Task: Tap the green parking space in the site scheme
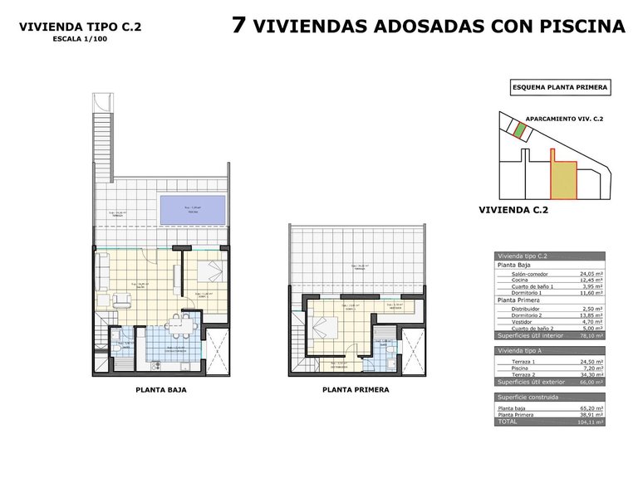[518, 129]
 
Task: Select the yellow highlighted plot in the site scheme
[565, 180]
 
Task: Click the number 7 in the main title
[238, 26]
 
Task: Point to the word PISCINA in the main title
[584, 27]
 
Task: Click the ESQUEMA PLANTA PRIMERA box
[559, 86]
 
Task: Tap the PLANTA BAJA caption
[160, 388]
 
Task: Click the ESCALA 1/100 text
[80, 39]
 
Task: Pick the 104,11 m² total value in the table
[591, 422]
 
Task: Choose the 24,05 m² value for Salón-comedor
[591, 273]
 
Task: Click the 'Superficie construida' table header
[526, 398]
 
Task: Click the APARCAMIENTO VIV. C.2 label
[565, 119]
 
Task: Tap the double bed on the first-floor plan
[321, 324]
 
